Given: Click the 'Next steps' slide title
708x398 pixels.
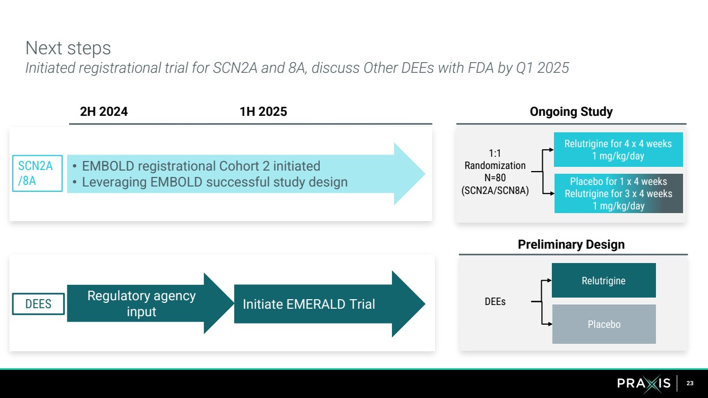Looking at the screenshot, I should pyautogui.click(x=68, y=48).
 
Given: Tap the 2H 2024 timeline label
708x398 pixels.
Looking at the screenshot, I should pyautogui.click(x=104, y=112).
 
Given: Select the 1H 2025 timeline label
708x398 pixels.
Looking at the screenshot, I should pyautogui.click(x=263, y=112).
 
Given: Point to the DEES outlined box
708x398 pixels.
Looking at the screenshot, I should pyautogui.click(x=38, y=304).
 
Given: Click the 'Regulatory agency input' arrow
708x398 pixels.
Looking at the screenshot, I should pyautogui.click(x=141, y=304).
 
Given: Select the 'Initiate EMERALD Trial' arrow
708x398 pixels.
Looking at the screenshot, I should pyautogui.click(x=309, y=304).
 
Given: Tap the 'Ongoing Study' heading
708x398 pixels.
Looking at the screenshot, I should pyautogui.click(x=571, y=112).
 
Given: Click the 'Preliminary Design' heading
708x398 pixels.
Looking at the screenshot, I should pyautogui.click(x=571, y=244).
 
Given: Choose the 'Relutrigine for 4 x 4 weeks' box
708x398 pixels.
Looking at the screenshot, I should pyautogui.click(x=618, y=149).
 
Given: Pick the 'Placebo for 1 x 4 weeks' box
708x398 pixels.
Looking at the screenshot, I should pyautogui.click(x=618, y=193).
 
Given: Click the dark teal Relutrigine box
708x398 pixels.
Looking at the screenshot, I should pyautogui.click(x=603, y=281).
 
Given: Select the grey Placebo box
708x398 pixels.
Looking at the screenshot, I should pyautogui.click(x=604, y=324).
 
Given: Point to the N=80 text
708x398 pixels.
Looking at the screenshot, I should pyautogui.click(x=495, y=177).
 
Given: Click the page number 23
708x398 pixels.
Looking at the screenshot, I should pyautogui.click(x=690, y=383).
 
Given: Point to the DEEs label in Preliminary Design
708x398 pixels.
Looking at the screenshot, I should pyautogui.click(x=495, y=302).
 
